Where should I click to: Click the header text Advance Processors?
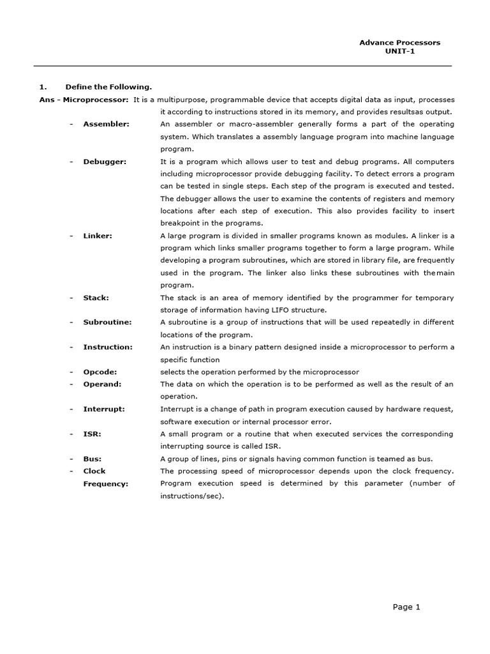(399, 43)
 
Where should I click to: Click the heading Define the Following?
(108, 87)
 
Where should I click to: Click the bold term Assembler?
(106, 124)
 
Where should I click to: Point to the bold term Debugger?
(105, 162)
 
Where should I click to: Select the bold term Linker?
(98, 236)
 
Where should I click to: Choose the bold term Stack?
(96, 298)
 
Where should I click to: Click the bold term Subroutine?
(107, 322)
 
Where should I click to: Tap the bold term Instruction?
(108, 347)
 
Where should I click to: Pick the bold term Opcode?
(100, 372)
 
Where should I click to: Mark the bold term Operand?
(102, 384)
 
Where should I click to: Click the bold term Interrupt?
(104, 409)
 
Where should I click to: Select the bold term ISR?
(92, 434)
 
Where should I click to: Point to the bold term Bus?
(92, 459)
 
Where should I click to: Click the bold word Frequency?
(105, 484)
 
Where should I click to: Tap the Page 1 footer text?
(406, 607)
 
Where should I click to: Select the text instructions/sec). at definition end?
(192, 496)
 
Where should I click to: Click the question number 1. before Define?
(43, 87)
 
